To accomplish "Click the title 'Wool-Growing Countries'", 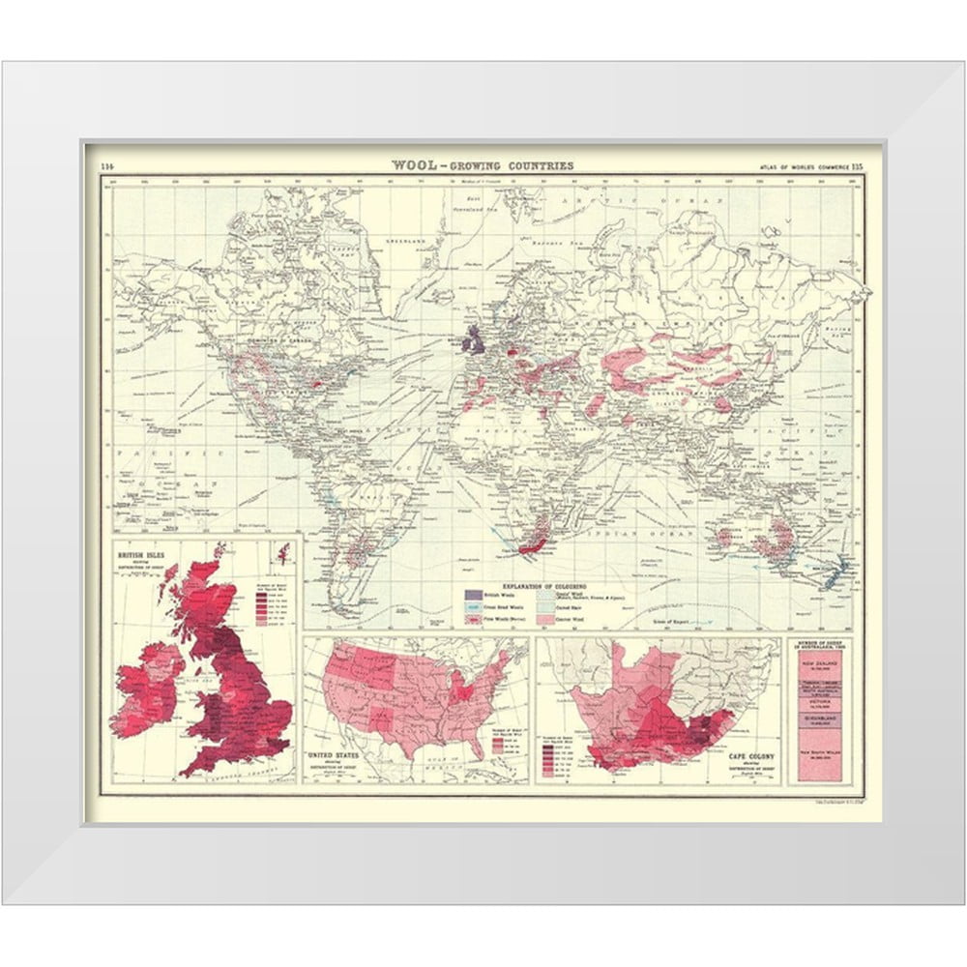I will pos(482,165).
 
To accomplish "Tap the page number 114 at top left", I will pos(106,165).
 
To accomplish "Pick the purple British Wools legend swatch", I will pos(473,596).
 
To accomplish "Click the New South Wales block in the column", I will pos(819,756).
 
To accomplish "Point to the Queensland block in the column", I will pos(819,720).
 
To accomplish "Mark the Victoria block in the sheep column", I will pos(819,703).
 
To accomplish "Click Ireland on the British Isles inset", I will pos(145,689).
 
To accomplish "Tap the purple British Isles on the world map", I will pos(475,338).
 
